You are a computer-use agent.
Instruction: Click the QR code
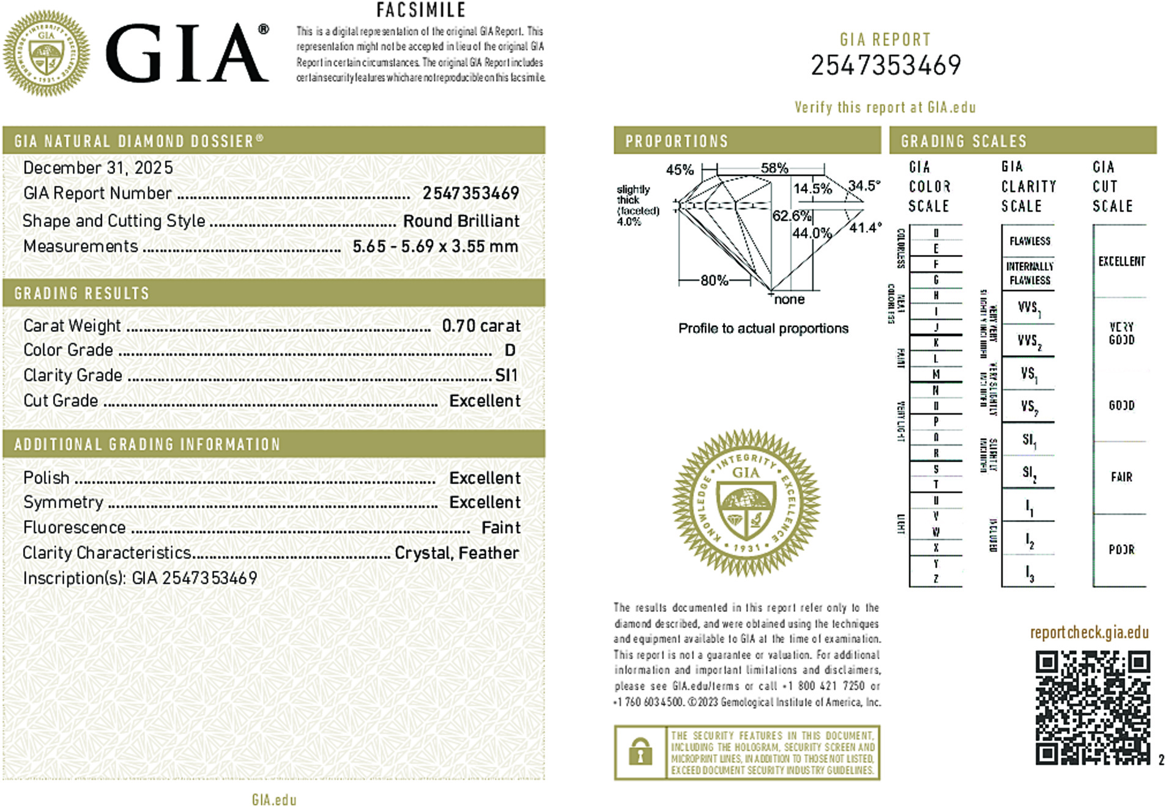click(1092, 707)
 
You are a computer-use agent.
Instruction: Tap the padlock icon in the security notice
click(640, 752)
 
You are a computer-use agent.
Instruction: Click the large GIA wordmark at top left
click(187, 53)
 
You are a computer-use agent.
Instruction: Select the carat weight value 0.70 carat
click(481, 326)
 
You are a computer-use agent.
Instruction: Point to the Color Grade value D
click(510, 350)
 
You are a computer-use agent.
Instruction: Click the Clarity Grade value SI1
click(506, 375)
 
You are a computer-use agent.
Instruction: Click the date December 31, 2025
click(98, 168)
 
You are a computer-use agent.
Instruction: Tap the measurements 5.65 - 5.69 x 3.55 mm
click(435, 246)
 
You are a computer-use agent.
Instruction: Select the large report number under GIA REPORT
click(885, 65)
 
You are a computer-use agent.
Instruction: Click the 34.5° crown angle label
click(864, 185)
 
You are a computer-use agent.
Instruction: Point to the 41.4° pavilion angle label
click(865, 227)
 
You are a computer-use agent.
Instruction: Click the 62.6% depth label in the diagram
click(792, 216)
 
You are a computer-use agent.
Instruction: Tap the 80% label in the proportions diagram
click(714, 281)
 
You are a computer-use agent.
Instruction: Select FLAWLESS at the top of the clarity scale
click(1030, 241)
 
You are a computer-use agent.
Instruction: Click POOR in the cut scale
click(1121, 550)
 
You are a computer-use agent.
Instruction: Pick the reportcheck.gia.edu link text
click(1089, 632)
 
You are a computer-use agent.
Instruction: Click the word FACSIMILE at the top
click(421, 10)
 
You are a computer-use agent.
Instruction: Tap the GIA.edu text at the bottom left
click(273, 800)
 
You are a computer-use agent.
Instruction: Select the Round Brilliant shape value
click(461, 221)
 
